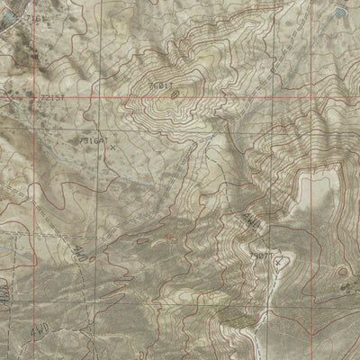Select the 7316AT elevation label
coord(94,141)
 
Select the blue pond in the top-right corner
coord(338,12)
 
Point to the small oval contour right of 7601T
coord(175,92)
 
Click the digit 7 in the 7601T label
coord(150,85)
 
